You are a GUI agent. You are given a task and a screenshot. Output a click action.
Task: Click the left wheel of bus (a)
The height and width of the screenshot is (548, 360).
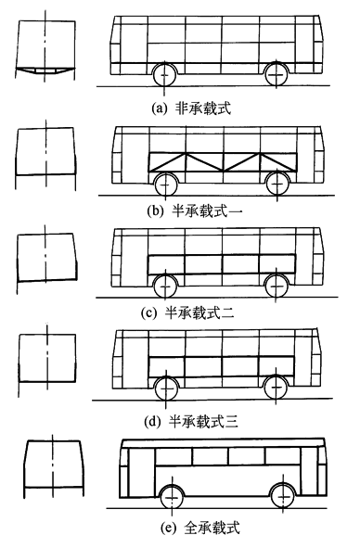coord(165,74)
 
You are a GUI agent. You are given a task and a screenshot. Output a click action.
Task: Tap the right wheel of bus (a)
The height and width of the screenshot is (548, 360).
coord(276,74)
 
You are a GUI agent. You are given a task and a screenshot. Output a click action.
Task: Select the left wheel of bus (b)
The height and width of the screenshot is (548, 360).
coord(165,180)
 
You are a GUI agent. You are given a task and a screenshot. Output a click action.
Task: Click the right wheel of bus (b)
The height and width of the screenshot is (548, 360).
coord(276,180)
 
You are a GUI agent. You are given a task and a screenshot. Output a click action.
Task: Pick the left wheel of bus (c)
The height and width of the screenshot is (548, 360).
coord(165,283)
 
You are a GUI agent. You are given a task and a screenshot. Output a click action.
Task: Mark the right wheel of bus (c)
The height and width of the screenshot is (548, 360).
coord(276,283)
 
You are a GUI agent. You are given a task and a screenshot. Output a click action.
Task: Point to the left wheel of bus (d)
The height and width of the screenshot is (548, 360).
coord(165,388)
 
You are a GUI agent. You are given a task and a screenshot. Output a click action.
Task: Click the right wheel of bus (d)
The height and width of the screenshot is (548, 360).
coord(276,388)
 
